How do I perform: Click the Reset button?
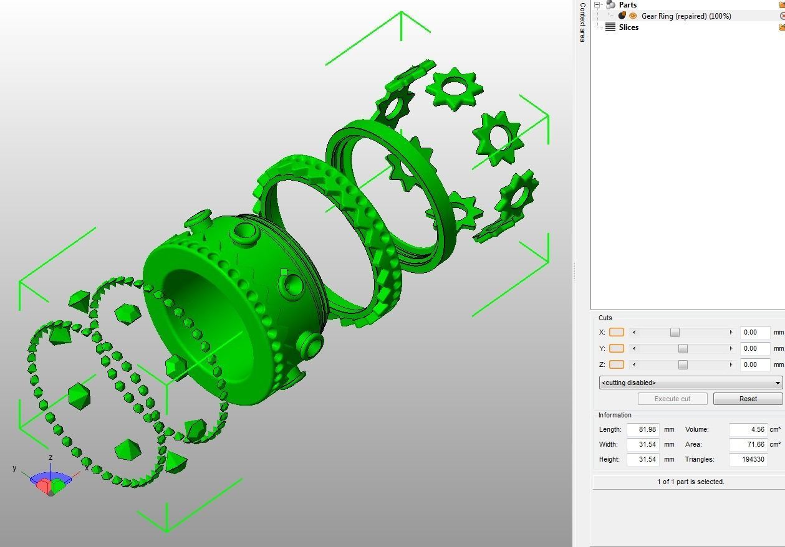pyautogui.click(x=748, y=399)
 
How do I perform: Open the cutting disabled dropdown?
pyautogui.click(x=690, y=383)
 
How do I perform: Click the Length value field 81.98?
pyautogui.click(x=643, y=429)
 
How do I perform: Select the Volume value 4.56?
pyautogui.click(x=748, y=429)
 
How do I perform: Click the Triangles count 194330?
pyautogui.click(x=748, y=459)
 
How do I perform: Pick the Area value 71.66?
pyautogui.click(x=748, y=444)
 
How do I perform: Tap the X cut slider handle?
pyautogui.click(x=675, y=332)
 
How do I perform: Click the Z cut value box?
pyautogui.click(x=754, y=364)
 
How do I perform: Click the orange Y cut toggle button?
pyautogui.click(x=616, y=348)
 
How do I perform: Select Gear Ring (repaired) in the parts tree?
pyautogui.click(x=686, y=16)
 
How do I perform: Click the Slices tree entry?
pyautogui.click(x=628, y=27)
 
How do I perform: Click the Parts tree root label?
pyautogui.click(x=627, y=5)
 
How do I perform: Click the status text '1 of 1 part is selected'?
pyautogui.click(x=690, y=482)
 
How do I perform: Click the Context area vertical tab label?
pyautogui.click(x=582, y=22)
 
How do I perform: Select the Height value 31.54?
pyautogui.click(x=643, y=459)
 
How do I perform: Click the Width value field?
pyautogui.click(x=643, y=444)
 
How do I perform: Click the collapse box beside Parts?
pyautogui.click(x=597, y=4)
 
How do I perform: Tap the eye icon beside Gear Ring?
pyautogui.click(x=633, y=16)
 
